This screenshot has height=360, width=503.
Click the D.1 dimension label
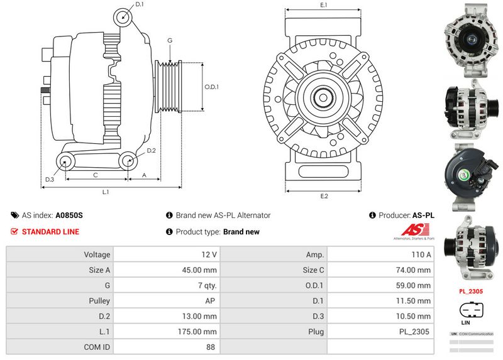140,5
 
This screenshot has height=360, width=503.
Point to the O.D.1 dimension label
212,87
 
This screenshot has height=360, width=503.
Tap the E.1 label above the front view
324,5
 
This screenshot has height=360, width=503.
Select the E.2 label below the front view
324,196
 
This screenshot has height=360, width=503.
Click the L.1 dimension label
106,191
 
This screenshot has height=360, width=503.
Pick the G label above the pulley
170,41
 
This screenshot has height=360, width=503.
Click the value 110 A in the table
421,254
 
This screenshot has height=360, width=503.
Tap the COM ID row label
96,347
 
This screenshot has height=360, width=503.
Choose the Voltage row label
96,254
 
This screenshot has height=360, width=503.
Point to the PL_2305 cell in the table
416,331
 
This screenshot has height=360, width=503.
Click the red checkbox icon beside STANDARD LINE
14,232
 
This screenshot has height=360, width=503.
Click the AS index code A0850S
69,215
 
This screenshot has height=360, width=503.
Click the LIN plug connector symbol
470,310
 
